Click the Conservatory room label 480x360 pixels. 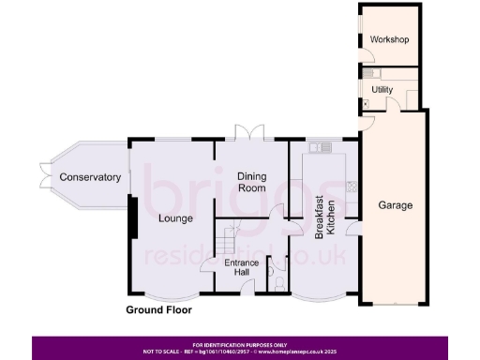pyautogui.click(x=90, y=177)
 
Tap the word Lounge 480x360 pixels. pyautogui.click(x=175, y=218)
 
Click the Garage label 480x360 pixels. pyautogui.click(x=395, y=204)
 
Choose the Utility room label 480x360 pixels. pyautogui.click(x=382, y=89)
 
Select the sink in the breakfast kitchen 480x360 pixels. pyautogui.click(x=322, y=146)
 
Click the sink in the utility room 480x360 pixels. pyautogui.click(x=370, y=72)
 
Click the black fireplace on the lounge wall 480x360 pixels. pyautogui.click(x=134, y=218)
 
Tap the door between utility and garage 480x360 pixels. pyautogui.click(x=369, y=120)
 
